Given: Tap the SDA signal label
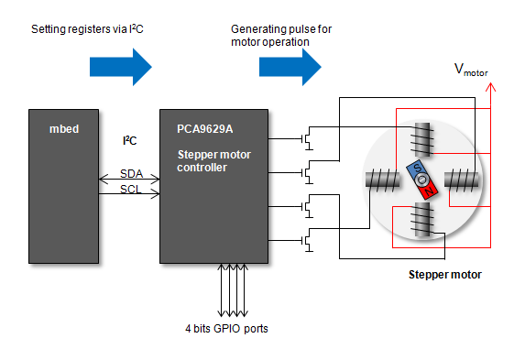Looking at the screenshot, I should pos(132,173).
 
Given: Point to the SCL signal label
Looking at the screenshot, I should pos(132,190).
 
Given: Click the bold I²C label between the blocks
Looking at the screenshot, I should pos(130,141).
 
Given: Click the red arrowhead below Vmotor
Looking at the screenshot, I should pos(491,88).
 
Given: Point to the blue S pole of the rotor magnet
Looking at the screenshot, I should pos(415,170).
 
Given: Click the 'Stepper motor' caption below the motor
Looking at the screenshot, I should pos(444,274).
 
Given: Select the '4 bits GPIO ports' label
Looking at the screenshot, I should pos(225,327).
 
